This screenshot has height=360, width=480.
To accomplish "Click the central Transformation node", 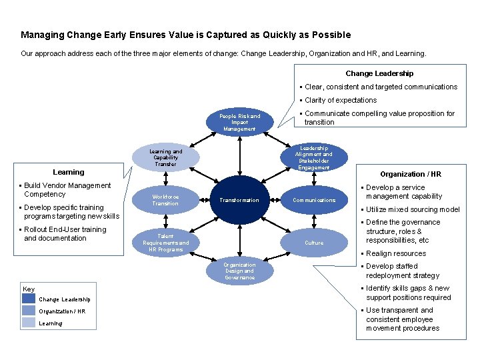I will [239, 200].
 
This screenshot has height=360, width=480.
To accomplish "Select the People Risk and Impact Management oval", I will [239, 123].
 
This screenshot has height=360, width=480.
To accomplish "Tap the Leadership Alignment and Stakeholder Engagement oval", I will [313, 158].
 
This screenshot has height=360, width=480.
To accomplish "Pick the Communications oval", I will [314, 200].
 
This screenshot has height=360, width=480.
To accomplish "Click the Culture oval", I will [313, 243].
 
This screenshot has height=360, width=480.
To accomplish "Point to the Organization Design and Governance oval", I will [239, 271].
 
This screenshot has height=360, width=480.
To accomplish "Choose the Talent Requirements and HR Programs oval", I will [165, 243].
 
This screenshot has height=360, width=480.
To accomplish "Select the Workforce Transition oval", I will [165, 200].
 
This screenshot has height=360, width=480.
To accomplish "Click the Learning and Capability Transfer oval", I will [165, 158].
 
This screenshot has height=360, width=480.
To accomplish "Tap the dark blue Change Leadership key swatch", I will [29, 299].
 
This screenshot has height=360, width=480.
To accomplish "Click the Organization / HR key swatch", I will [29, 311].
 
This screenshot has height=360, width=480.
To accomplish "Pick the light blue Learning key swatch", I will [29, 323].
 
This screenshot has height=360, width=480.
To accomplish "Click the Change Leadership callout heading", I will [379, 73].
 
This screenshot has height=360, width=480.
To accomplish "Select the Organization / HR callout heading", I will [411, 174].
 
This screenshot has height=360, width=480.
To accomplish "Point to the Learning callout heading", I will [69, 172].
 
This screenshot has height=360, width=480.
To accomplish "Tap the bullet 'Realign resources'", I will [395, 253].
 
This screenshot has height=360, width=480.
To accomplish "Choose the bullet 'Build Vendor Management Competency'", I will [67, 190].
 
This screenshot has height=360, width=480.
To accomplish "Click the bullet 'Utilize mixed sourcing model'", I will [413, 209].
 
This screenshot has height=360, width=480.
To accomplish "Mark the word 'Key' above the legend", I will [29, 289].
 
